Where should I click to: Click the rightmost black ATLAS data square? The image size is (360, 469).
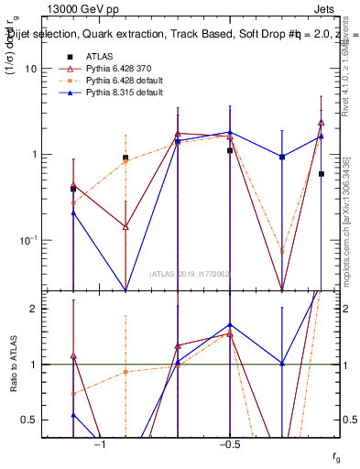pos(322,173)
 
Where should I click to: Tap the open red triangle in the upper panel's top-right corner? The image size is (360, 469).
pos(322,122)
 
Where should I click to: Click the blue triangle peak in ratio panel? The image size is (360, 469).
pos(230,325)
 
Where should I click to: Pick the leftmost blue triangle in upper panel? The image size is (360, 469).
pos(73,213)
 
